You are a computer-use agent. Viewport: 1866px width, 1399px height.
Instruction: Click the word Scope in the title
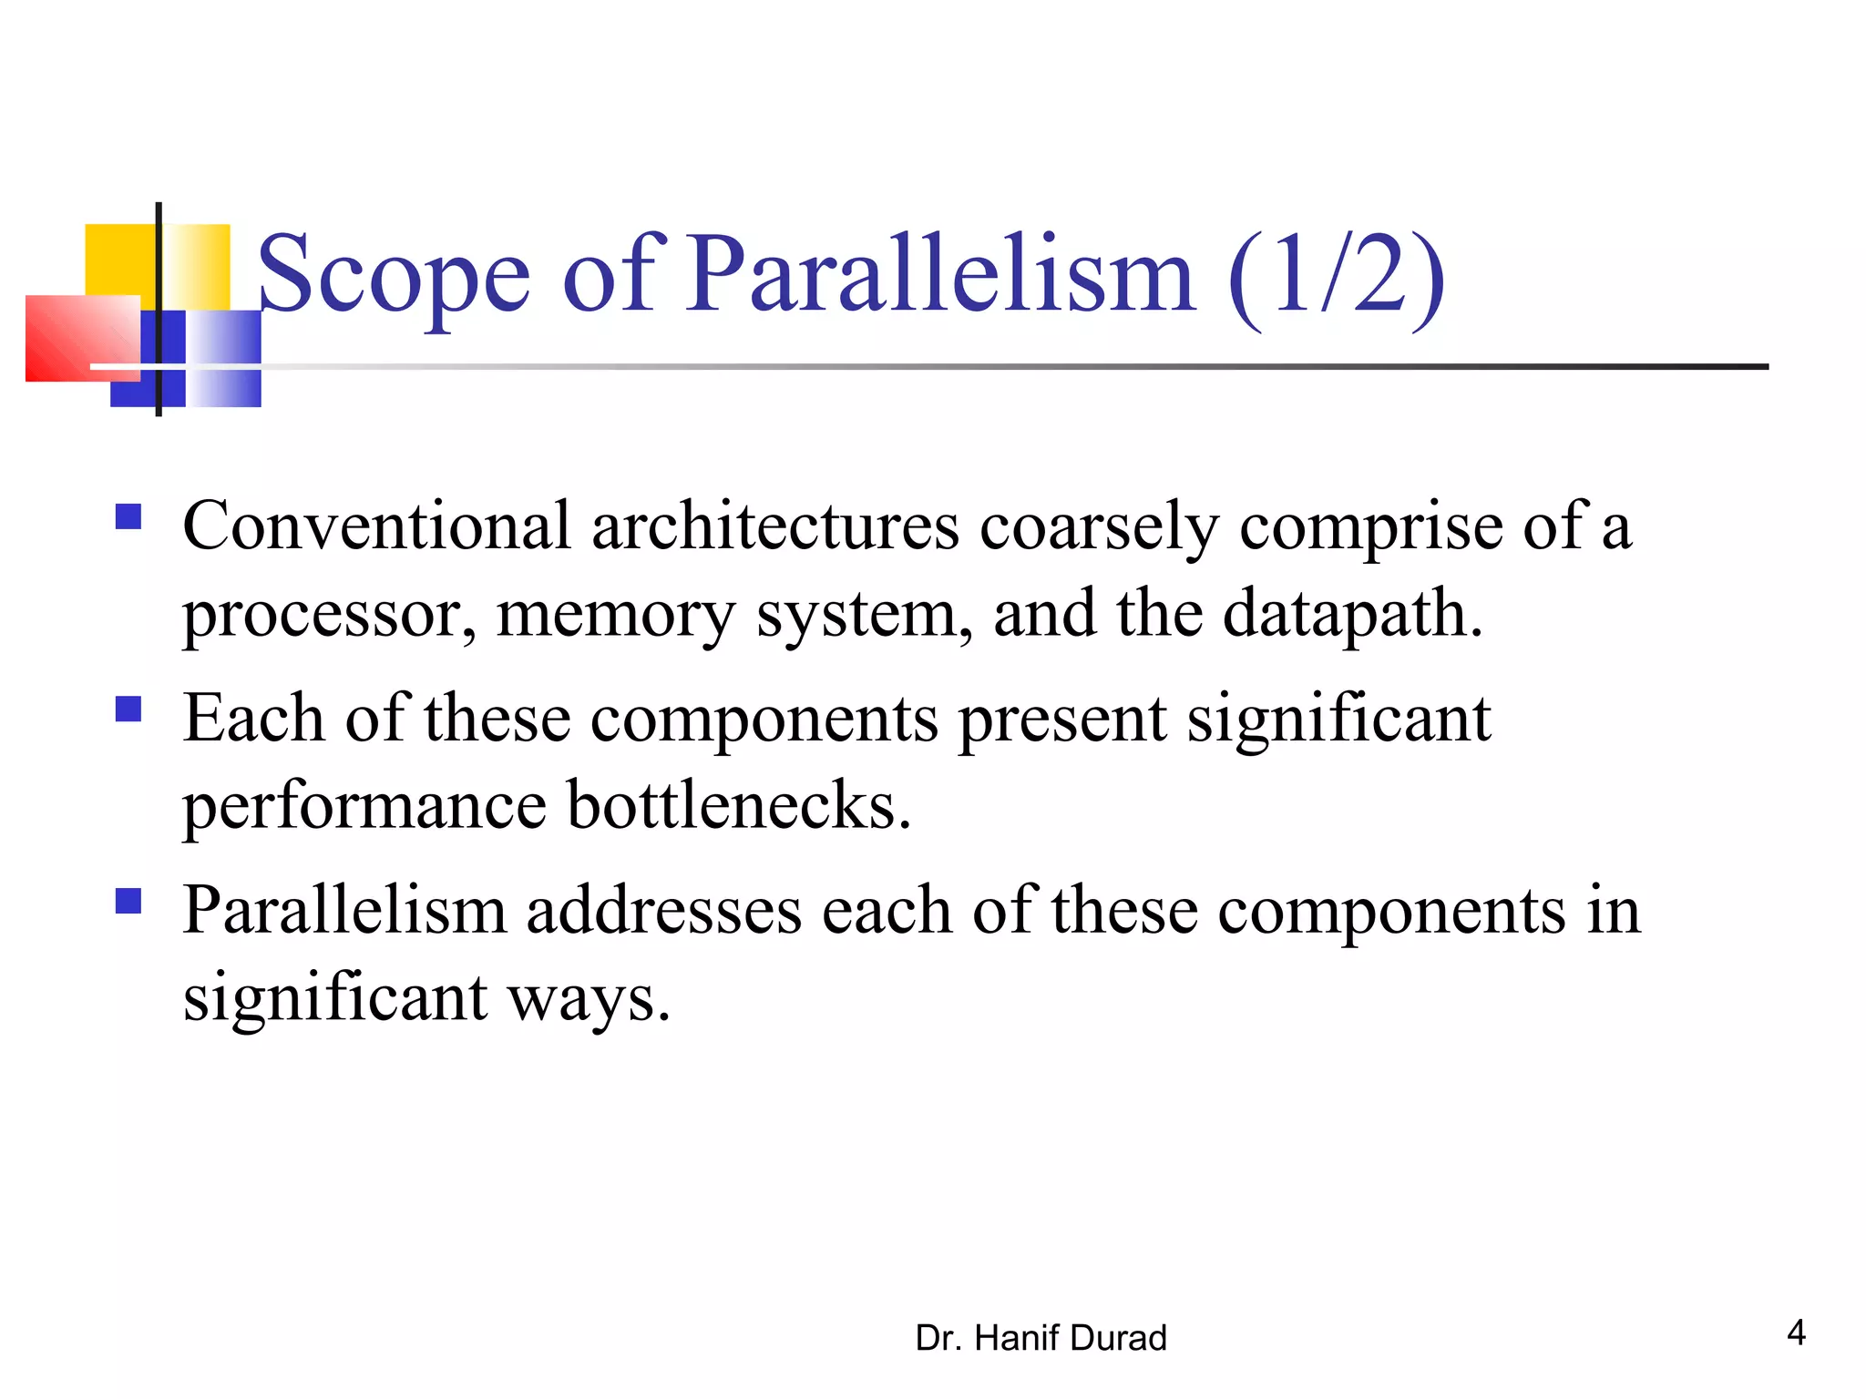tap(394, 275)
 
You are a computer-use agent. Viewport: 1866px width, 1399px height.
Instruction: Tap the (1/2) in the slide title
tap(1336, 275)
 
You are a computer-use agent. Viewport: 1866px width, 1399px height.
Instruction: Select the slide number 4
tap(1796, 1333)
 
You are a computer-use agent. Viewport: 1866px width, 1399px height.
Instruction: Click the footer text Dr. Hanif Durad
tap(1041, 1338)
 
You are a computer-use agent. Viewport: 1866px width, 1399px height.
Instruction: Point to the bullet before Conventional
tap(128, 517)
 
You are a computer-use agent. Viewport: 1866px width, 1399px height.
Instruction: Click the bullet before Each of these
tap(128, 709)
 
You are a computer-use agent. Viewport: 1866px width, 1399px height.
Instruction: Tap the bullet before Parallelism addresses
tap(128, 901)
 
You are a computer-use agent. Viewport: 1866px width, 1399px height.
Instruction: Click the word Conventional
tap(376, 526)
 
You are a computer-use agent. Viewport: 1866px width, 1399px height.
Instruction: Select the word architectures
tap(775, 526)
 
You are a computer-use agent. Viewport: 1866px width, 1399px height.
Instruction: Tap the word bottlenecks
tap(738, 806)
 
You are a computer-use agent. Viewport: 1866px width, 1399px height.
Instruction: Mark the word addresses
tap(664, 911)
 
